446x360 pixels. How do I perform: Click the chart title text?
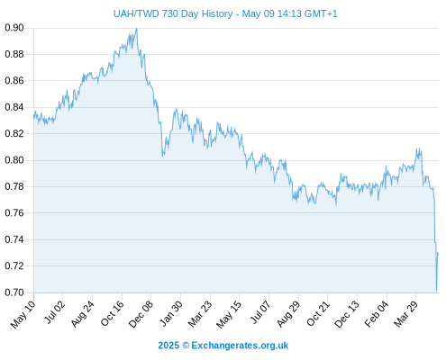click(x=225, y=13)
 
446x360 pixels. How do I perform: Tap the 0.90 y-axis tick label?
click(x=14, y=28)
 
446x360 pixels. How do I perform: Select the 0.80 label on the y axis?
click(x=14, y=160)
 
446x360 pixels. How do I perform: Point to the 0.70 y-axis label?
click(x=14, y=292)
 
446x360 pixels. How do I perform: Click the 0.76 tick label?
click(x=14, y=213)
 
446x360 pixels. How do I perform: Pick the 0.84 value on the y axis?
click(x=14, y=107)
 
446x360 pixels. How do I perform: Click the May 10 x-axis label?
click(x=23, y=314)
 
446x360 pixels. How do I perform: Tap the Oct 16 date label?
click(x=112, y=313)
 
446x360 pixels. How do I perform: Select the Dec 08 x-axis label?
click(x=141, y=314)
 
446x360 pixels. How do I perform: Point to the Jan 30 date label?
click(x=170, y=313)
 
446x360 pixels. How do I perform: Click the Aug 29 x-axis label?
click(x=288, y=314)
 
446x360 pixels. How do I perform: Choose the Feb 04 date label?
click(x=377, y=314)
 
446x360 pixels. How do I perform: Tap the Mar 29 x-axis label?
click(x=405, y=314)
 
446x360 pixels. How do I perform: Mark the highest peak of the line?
click(x=137, y=29)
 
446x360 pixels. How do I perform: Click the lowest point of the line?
click(x=436, y=291)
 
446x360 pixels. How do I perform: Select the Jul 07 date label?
click(x=260, y=313)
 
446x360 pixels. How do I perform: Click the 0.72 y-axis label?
click(x=14, y=266)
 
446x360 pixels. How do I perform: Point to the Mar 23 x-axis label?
click(x=200, y=314)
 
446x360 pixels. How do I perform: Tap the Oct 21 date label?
click(x=318, y=313)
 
